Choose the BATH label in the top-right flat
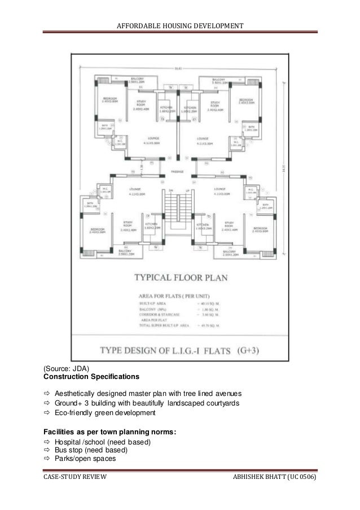[x=252, y=128]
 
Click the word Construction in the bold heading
[x=66, y=376]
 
